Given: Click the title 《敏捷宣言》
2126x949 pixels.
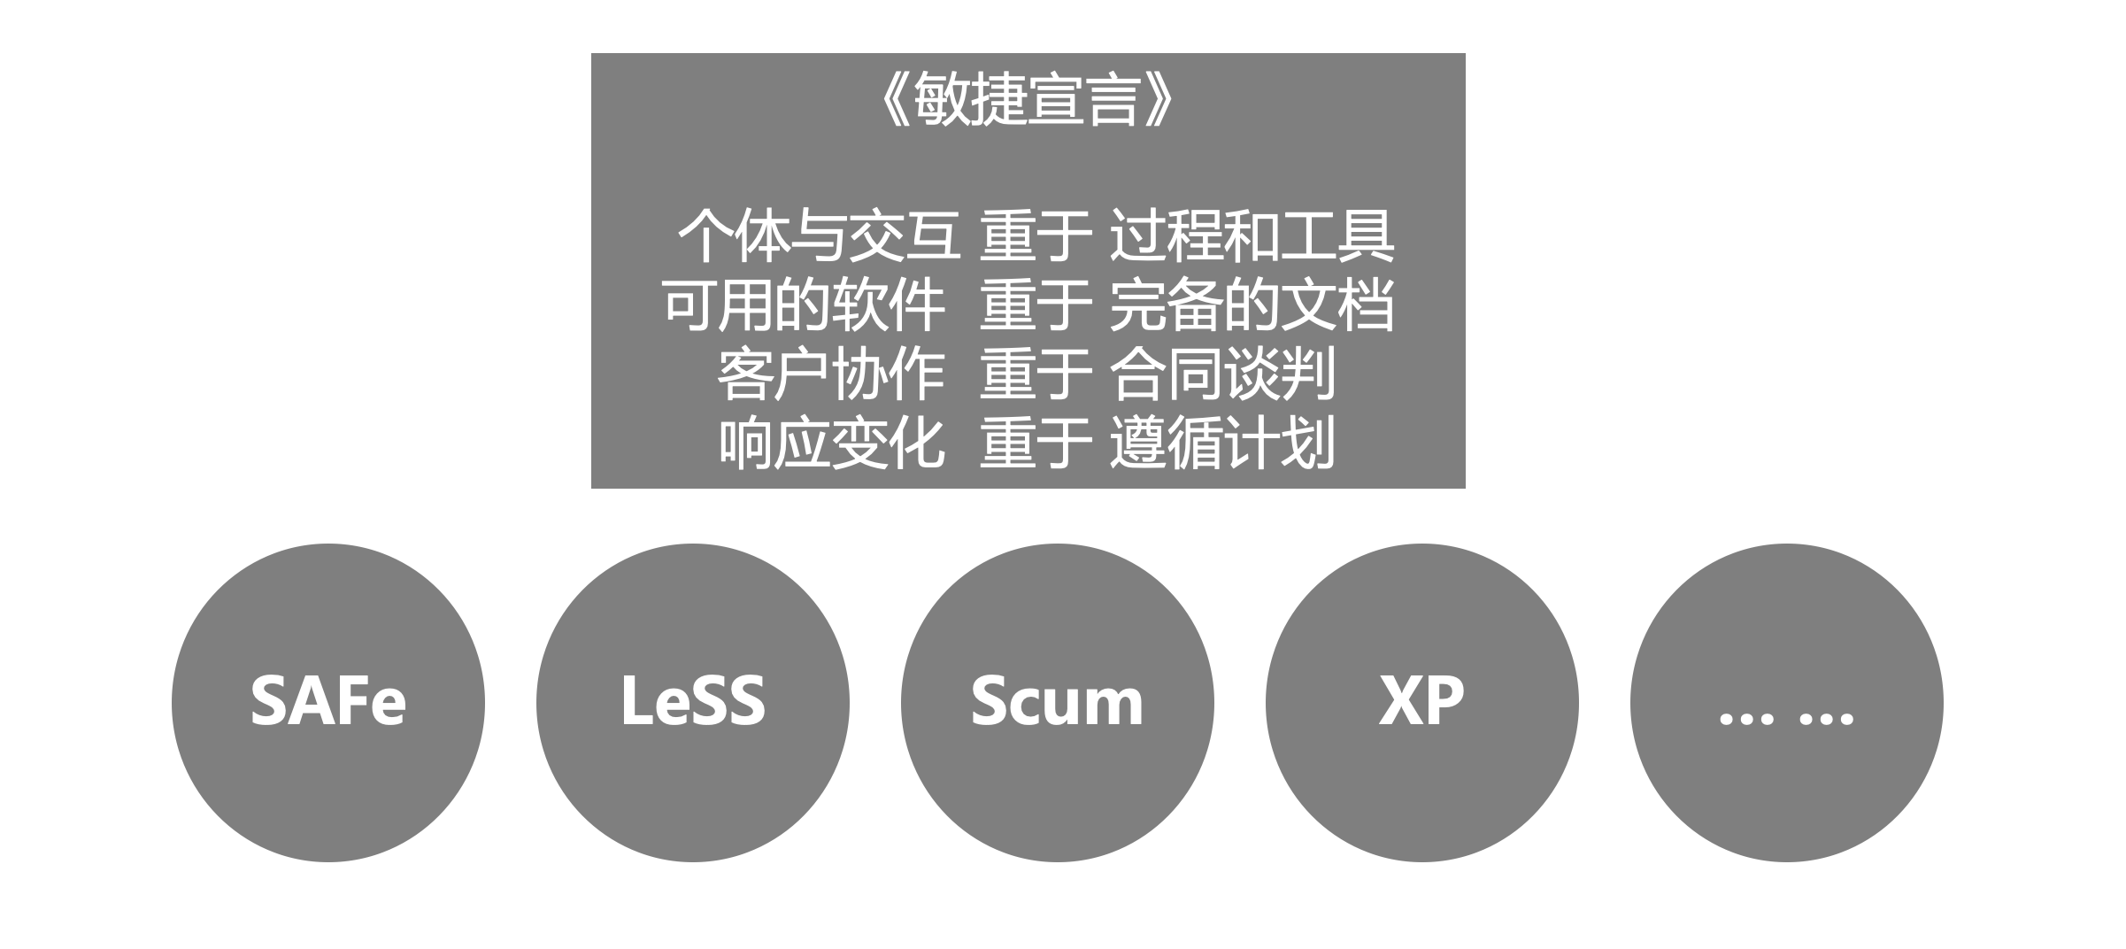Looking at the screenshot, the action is coord(1028,100).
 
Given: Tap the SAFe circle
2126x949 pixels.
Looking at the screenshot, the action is coord(328,702).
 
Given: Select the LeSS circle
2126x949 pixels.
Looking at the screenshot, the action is coord(693,702).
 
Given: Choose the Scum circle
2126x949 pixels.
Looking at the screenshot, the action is coord(1058,702).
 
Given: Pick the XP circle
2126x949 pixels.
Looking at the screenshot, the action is coord(1422,702).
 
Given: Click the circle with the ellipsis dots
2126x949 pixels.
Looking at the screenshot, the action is coord(1787,702).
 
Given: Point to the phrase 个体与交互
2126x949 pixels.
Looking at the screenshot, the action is coord(819,236).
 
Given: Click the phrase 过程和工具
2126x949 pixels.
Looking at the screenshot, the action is coord(1252,236).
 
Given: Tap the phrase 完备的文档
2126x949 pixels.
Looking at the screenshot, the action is coord(1252,305).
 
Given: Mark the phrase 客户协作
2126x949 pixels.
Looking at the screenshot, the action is coord(831,374).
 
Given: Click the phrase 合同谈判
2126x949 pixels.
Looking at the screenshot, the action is coord(1222,374).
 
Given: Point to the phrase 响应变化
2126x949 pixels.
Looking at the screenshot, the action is coord(831,444).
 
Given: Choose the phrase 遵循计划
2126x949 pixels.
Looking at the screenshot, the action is coord(1222,444).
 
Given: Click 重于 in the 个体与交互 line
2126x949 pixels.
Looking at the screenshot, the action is coord(1036,236).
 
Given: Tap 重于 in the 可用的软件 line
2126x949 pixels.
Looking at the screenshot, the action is coord(1036,305).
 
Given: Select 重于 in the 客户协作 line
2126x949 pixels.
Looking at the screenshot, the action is coord(1036,374).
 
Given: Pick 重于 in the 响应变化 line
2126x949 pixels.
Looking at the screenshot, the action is coord(1036,444).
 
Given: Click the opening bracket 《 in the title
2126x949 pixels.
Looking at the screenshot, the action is coord(896,100).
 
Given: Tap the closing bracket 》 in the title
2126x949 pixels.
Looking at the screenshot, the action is coord(1159,100).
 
